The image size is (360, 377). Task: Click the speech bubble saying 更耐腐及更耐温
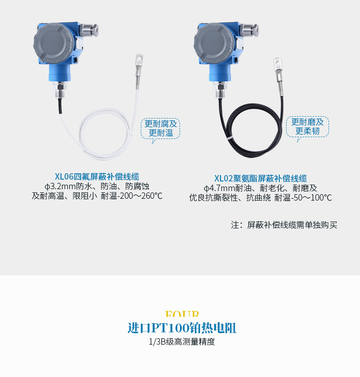(x=160, y=129)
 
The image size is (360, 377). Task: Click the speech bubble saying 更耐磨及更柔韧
(x=308, y=127)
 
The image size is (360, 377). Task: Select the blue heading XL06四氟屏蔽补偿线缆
(x=97, y=177)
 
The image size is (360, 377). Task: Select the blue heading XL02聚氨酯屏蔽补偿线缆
(x=261, y=178)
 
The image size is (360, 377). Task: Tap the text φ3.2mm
(x=60, y=186)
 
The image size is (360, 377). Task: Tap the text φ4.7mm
(x=220, y=188)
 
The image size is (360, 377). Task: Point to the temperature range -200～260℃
(x=139, y=196)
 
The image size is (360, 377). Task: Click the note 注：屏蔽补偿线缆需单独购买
(x=284, y=225)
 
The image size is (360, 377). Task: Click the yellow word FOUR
(x=182, y=314)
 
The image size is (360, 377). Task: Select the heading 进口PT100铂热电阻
(x=182, y=328)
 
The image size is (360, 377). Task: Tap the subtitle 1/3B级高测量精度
(x=182, y=341)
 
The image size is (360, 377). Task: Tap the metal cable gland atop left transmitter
(x=89, y=30)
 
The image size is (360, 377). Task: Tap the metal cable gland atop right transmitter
(x=249, y=30)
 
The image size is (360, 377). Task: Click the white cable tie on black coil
(x=230, y=138)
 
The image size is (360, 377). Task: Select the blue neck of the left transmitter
(x=60, y=73)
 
